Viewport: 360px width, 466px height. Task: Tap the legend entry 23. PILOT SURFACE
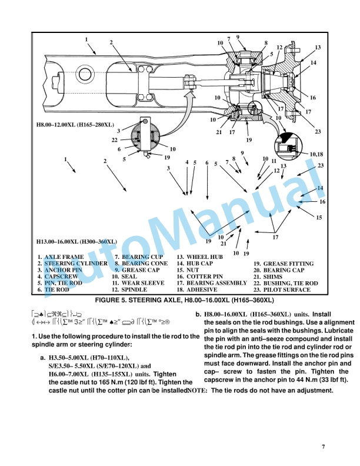pos(282,290)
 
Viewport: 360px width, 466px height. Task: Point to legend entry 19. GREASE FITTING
pos(284,264)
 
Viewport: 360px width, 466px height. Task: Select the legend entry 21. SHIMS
pos(270,277)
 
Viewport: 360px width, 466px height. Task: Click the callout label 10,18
pos(316,154)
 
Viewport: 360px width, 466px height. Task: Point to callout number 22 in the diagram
pos(115,139)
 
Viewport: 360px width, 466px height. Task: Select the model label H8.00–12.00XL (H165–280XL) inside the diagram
pos(75,125)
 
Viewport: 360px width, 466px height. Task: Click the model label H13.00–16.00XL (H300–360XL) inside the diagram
pos(76,241)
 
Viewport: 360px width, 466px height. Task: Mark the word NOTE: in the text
pos(197,391)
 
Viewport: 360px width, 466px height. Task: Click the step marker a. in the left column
pos(43,358)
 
